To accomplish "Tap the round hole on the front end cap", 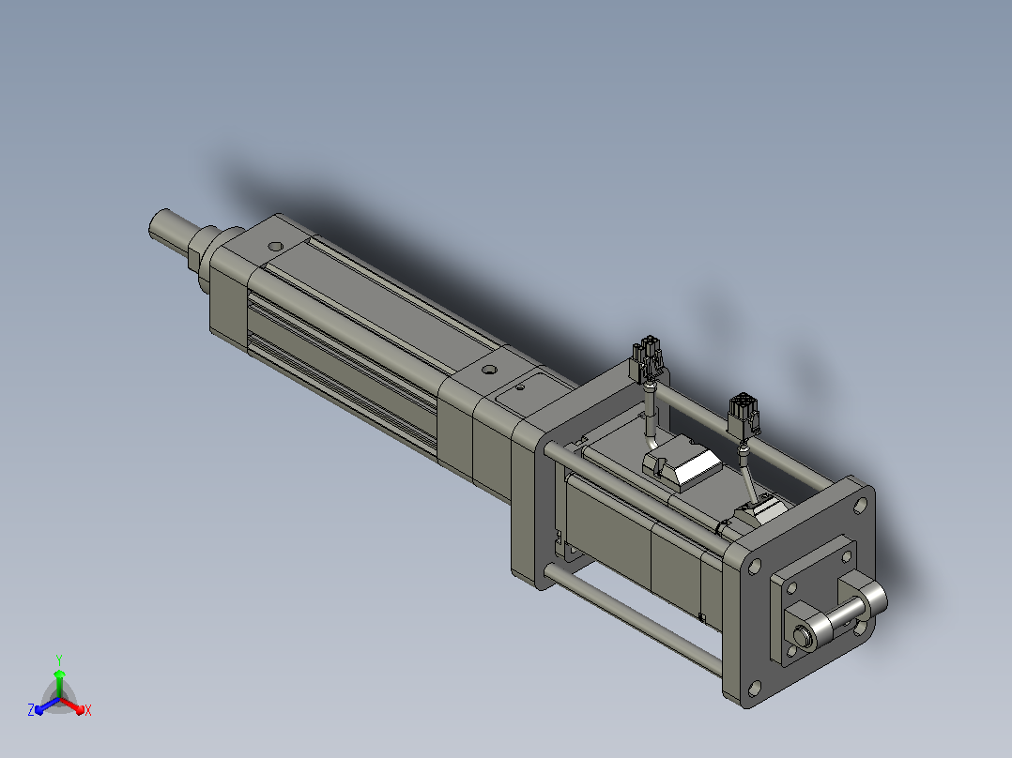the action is click(276, 247).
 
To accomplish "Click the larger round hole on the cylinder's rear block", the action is click(490, 371).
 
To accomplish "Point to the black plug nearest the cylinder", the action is click(648, 358).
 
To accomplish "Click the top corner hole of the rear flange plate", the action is click(860, 505).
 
